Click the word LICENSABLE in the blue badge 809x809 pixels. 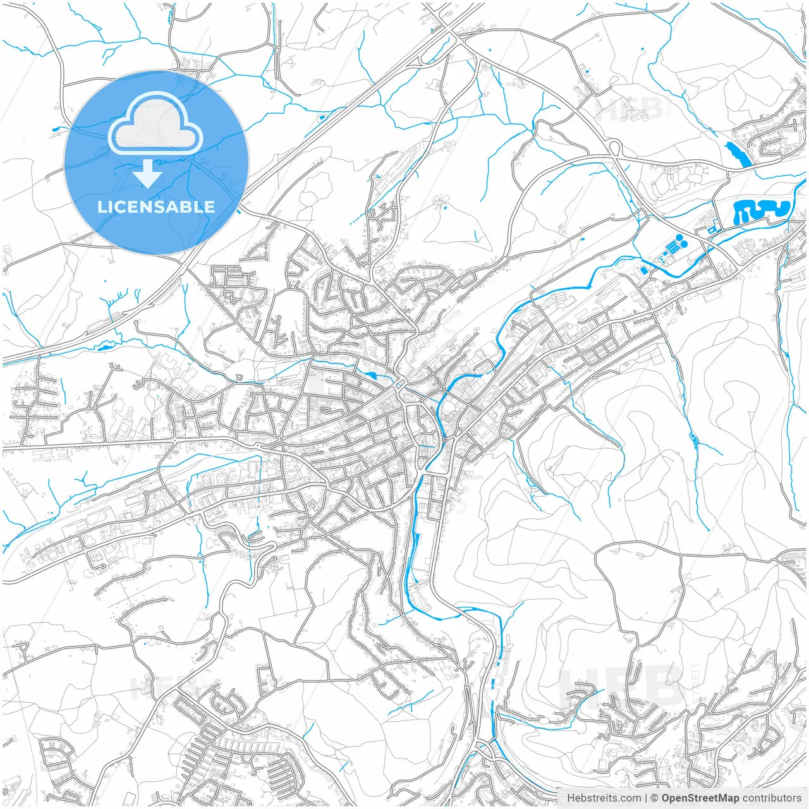155,207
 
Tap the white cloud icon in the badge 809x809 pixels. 155,125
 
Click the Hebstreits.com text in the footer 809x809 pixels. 604,798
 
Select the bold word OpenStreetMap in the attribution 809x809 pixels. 700,798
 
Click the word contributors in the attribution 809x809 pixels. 771,798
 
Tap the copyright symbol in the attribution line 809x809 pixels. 655,798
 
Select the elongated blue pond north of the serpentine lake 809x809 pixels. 738,154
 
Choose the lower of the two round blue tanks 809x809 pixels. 684,244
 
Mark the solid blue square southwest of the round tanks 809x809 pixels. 643,271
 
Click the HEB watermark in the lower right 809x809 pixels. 623,686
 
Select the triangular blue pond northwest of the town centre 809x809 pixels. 370,375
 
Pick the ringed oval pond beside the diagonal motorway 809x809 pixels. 322,117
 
